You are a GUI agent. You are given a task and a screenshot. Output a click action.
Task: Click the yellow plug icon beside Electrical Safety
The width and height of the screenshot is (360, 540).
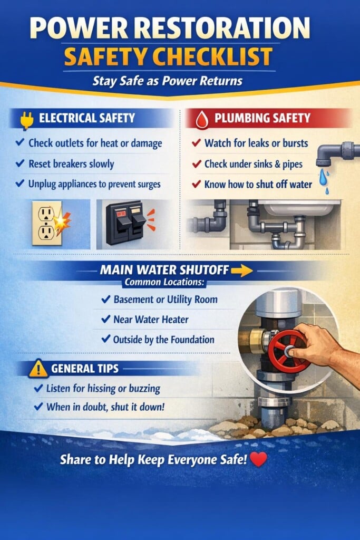pyautogui.click(x=27, y=121)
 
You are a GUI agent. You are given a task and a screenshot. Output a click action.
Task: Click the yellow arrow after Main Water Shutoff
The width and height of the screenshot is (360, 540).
pyautogui.click(x=242, y=271)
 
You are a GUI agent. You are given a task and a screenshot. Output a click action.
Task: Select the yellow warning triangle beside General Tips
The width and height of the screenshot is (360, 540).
pyautogui.click(x=38, y=368)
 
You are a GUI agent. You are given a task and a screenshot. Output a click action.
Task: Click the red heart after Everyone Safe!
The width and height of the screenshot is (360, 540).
pyautogui.click(x=258, y=459)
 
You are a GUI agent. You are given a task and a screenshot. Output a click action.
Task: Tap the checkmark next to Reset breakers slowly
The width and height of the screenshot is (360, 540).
pyautogui.click(x=20, y=163)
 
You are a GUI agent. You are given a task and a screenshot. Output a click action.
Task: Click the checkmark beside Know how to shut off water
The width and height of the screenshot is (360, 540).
pyautogui.click(x=196, y=184)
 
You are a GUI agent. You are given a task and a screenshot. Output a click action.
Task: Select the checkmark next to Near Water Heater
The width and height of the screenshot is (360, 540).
pyautogui.click(x=105, y=319)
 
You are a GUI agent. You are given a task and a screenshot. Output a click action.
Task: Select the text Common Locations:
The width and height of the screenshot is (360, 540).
pyautogui.click(x=164, y=282)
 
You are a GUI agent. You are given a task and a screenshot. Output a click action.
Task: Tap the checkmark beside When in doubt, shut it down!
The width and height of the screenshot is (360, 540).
pyautogui.click(x=38, y=407)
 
